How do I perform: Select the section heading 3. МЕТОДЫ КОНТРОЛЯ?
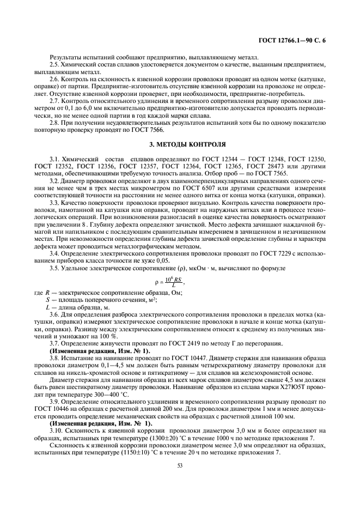(180, 145)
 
